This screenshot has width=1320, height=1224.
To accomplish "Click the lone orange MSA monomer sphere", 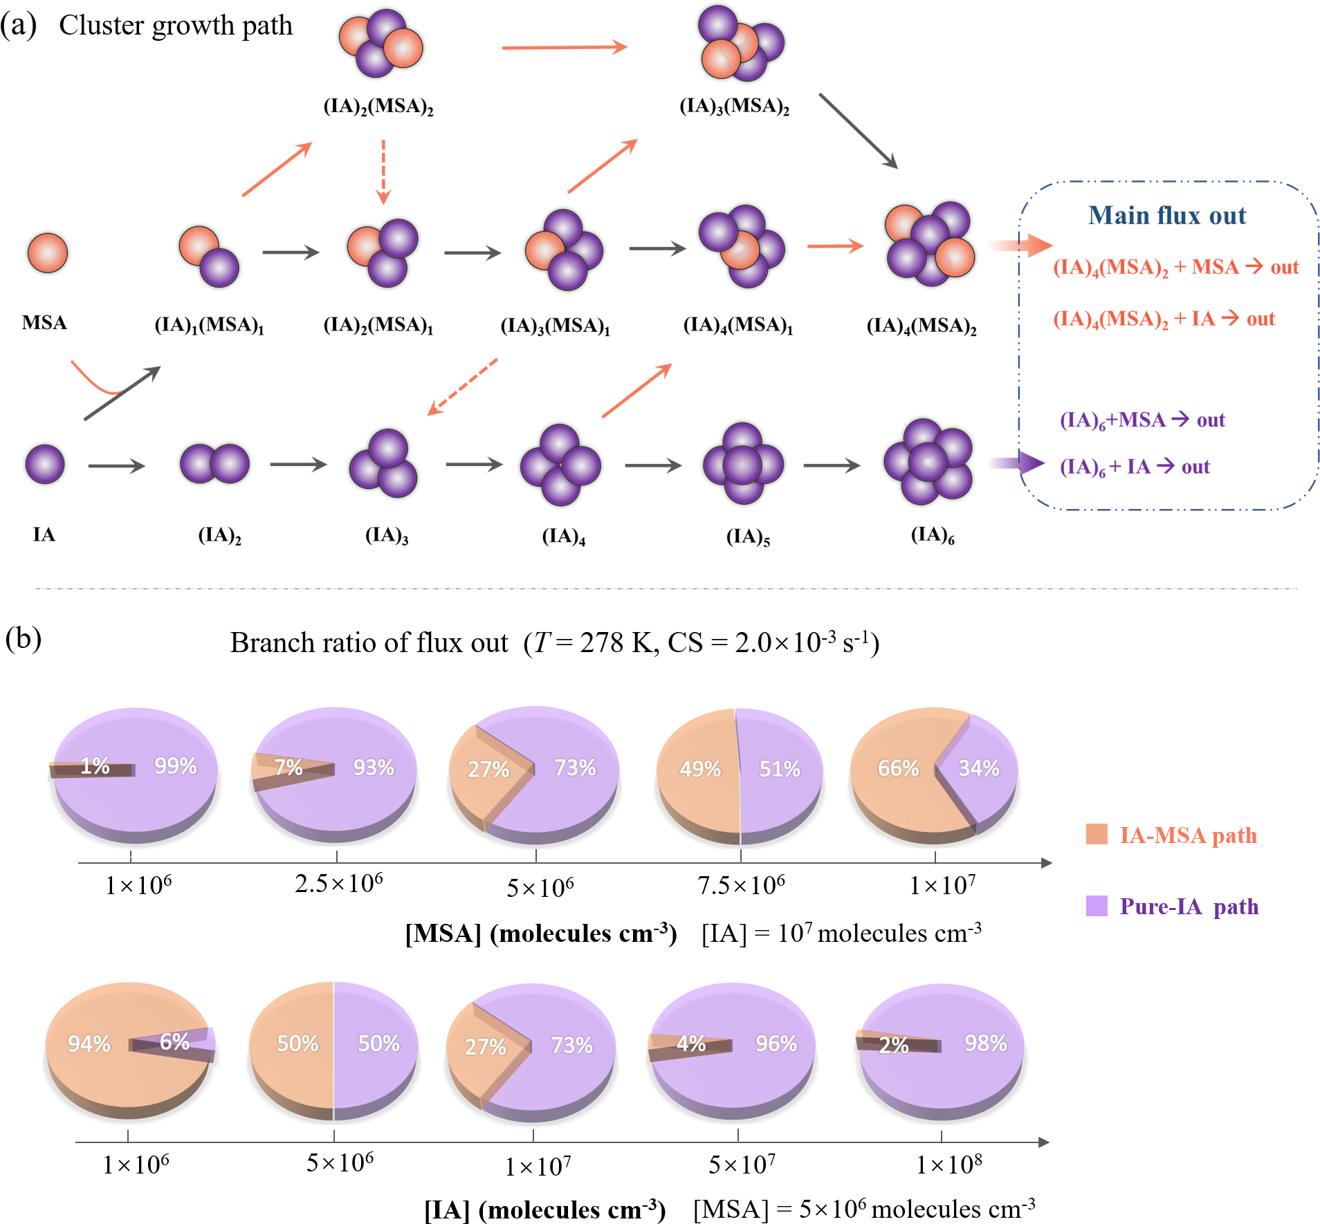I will [x=47, y=252].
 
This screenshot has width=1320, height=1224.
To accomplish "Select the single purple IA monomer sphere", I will [x=45, y=463].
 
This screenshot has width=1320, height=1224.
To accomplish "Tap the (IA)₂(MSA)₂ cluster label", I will [x=378, y=106].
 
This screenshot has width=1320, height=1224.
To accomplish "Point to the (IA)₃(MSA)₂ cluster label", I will [x=734, y=106].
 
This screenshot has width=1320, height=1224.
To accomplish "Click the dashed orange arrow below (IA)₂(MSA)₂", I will [x=383, y=171].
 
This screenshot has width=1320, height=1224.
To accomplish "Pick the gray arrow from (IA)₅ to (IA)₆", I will [x=831, y=465].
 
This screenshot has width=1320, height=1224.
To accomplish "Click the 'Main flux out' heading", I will [x=1167, y=216].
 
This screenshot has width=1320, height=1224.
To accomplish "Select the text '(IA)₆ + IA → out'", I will [x=1135, y=467].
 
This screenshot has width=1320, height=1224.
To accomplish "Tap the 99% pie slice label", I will [x=175, y=766].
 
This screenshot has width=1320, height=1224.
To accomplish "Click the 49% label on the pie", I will [x=700, y=769].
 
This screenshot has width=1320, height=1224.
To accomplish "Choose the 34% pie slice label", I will [x=978, y=768].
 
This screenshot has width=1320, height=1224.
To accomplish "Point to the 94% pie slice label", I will [x=89, y=1044].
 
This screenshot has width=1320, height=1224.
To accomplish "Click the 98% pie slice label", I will [x=985, y=1043].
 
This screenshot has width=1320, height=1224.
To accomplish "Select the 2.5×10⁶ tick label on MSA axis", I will [x=338, y=884].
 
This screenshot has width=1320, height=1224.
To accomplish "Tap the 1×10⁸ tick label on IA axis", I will [x=948, y=1165].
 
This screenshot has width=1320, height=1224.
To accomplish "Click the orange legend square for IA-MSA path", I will [x=1097, y=835].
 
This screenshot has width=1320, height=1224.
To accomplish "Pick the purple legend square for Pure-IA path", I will [x=1097, y=906].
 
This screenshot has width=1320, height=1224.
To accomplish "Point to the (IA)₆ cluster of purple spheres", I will [x=928, y=461].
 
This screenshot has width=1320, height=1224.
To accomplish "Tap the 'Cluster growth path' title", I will [x=176, y=26].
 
